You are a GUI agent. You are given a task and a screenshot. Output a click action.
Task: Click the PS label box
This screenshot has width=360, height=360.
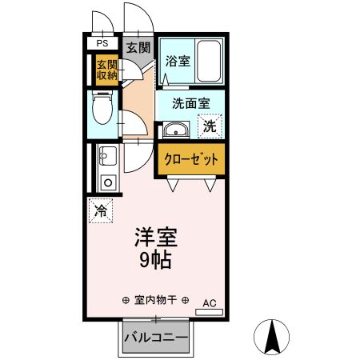102,43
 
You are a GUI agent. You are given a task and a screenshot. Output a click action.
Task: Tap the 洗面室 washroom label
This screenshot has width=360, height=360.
193,103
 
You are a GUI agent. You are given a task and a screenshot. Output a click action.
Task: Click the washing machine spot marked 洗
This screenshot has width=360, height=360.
209,126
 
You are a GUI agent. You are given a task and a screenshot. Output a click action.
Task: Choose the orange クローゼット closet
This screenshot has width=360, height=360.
192,158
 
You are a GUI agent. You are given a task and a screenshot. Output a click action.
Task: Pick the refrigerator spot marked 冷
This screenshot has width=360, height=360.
101,211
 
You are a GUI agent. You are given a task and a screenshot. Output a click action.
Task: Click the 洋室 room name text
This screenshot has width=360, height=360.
154,238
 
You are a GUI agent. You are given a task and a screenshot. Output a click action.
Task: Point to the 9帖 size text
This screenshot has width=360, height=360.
154,261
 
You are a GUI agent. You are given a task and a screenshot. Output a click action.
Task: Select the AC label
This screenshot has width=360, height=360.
210,302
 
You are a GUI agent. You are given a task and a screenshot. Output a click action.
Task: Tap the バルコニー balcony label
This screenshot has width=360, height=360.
156,338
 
